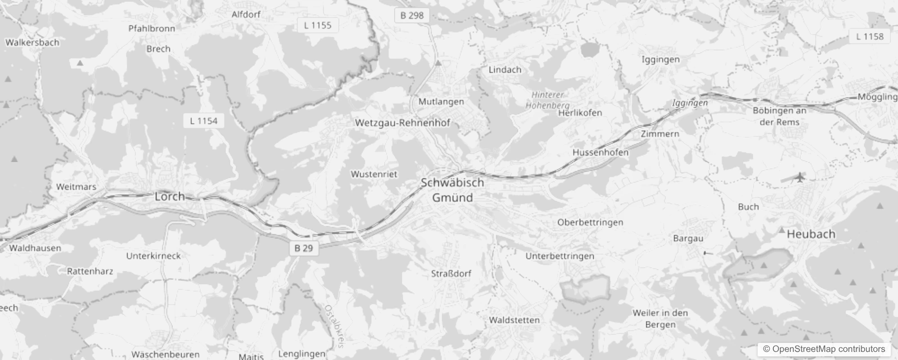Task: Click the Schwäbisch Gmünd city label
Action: point(453,190)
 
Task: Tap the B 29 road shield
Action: point(304,248)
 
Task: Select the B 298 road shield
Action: point(412,15)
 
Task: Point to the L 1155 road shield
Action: point(318,25)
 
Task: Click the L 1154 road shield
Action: point(204,121)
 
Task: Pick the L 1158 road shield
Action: point(870,36)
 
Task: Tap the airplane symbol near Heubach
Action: point(799,177)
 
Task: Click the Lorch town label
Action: point(170,196)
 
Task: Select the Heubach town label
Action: point(811,234)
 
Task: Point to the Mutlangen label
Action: point(441,101)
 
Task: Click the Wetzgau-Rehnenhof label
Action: point(402,122)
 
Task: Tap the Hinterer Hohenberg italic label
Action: point(548,100)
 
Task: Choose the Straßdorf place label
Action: point(451,273)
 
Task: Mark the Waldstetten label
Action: point(514,320)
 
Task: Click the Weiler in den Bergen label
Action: point(660,319)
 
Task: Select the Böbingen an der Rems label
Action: point(780,116)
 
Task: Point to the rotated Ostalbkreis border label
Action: point(334,327)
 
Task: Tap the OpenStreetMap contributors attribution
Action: point(824,349)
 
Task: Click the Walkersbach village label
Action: point(32,42)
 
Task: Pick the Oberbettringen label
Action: point(590,222)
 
